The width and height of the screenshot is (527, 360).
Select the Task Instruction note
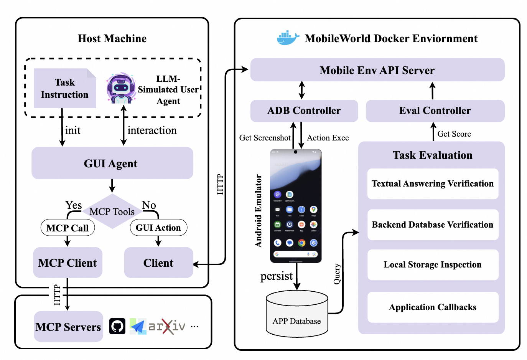pos(65,89)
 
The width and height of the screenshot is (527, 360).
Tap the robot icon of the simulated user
pos(121,89)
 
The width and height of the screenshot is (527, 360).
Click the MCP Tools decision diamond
pos(112,211)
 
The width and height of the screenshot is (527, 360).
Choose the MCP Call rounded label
pos(68,228)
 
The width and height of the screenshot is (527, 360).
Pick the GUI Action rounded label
pos(158,228)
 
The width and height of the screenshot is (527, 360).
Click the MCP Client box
pos(68,263)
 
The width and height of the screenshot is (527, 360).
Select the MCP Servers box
pos(68,327)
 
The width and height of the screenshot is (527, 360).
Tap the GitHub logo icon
pos(117,327)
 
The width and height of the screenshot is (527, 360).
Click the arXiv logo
pos(167,327)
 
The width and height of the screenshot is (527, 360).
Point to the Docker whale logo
pos(288,38)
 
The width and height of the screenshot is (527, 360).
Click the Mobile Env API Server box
pos(377,70)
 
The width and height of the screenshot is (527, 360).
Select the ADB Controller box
pos(304,111)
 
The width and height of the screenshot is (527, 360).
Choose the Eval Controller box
pos(435,111)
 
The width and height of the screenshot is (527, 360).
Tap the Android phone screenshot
pos(296,206)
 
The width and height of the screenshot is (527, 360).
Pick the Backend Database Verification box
pos(433,225)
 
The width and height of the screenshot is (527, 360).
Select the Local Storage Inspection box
pos(433,265)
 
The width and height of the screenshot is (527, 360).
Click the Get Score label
pos(454,134)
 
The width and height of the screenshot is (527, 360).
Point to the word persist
pos(276,276)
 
